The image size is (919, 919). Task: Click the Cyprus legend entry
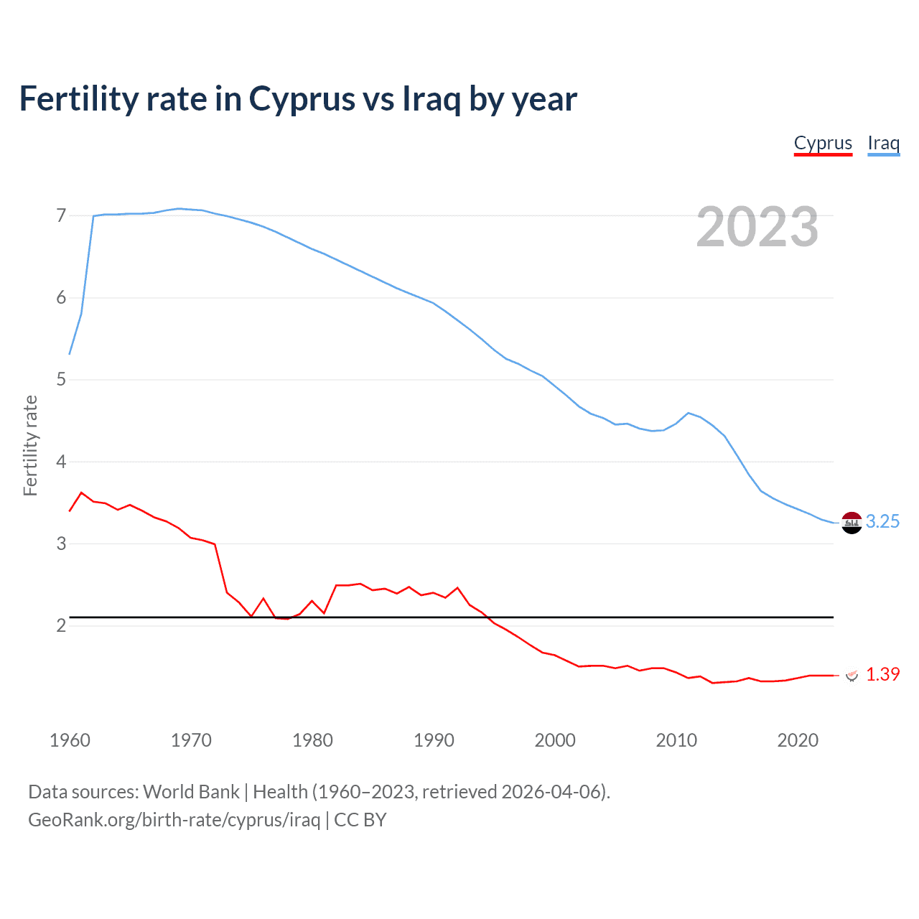click(x=823, y=143)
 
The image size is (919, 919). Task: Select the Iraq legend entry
click(x=883, y=143)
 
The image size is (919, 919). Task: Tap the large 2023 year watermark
click(x=757, y=227)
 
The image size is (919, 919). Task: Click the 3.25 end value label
click(x=882, y=522)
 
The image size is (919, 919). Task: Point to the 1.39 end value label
click(x=882, y=674)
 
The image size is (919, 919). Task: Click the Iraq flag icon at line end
click(x=852, y=523)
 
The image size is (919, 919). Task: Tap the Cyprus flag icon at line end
click(x=852, y=675)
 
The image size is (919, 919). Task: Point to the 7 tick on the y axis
click(x=61, y=215)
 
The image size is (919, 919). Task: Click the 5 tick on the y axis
click(x=61, y=379)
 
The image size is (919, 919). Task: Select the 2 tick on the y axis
click(x=61, y=625)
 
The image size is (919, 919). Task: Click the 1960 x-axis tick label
click(x=70, y=740)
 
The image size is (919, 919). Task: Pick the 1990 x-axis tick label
click(x=434, y=740)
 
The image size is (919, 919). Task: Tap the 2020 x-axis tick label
click(x=798, y=740)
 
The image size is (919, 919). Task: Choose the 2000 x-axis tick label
click(x=555, y=740)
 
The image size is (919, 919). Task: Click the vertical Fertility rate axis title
click(x=30, y=445)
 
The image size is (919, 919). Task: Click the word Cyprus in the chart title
click(x=302, y=99)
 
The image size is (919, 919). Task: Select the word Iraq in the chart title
click(x=431, y=99)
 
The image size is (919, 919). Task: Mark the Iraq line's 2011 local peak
click(x=689, y=413)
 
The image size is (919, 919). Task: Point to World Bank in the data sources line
click(x=191, y=791)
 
